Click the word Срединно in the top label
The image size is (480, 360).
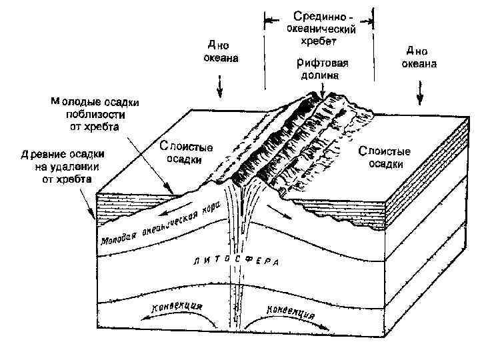point(315,16)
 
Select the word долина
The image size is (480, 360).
point(318,76)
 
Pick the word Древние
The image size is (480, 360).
point(39,155)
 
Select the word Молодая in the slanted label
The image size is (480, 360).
point(118,235)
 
